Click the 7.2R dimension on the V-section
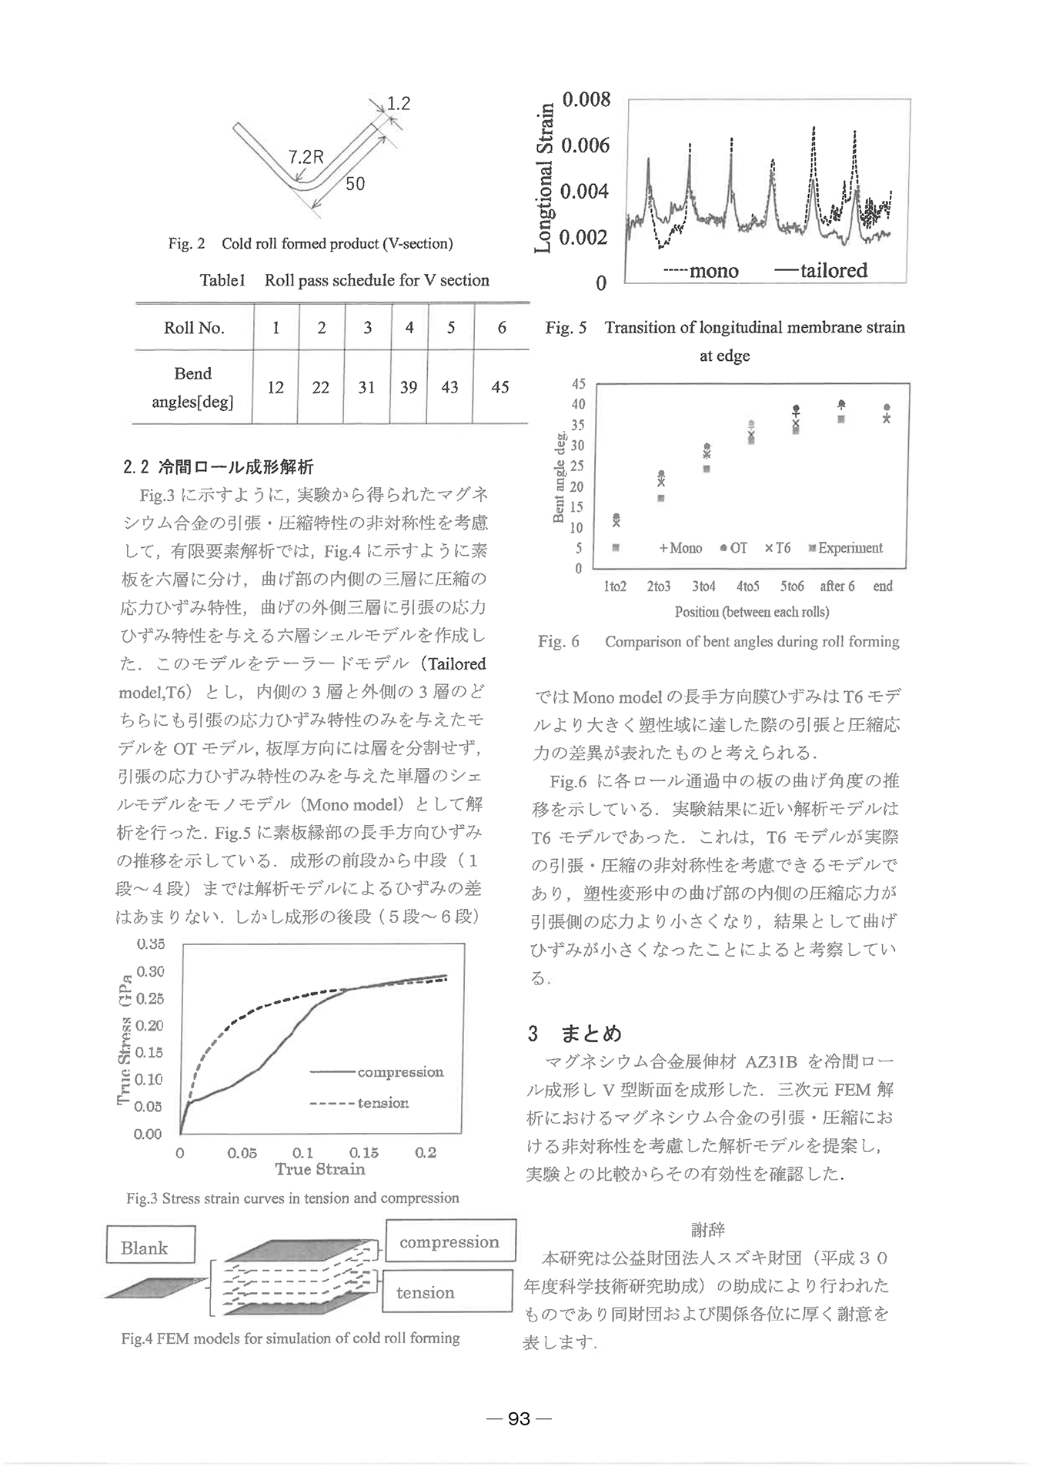coord(306,157)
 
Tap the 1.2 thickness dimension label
coord(398,103)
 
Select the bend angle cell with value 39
coord(408,387)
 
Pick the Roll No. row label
coord(194,328)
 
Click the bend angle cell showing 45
coord(500,387)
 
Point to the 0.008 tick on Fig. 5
coord(586,100)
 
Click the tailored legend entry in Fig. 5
coord(821,271)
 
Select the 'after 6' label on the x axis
coord(837,586)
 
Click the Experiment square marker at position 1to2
coord(616,549)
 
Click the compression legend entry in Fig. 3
coord(377,1072)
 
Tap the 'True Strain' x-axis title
coord(320,1170)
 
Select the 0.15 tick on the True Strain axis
coord(364,1153)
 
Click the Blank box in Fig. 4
coord(151,1248)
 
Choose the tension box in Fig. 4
coord(446,1293)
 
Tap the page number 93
coord(519,1418)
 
